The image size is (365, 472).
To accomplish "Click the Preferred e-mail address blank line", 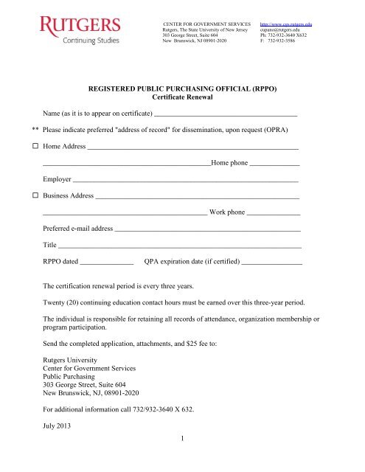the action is point(208,230).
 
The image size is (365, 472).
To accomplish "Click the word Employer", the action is point(57,180).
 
